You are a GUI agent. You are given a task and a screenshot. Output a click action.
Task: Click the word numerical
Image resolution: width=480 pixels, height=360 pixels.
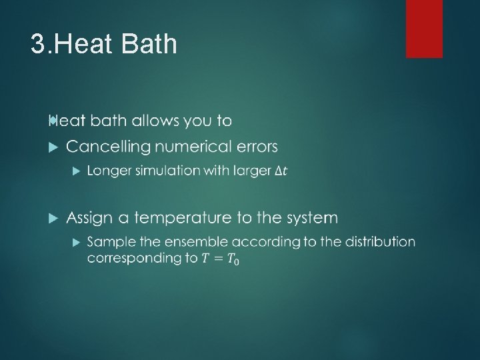tap(196, 146)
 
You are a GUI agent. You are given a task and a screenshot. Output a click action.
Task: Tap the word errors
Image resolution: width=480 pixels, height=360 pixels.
tap(257, 146)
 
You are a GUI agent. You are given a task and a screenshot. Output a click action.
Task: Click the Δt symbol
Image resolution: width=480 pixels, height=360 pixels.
tap(281, 171)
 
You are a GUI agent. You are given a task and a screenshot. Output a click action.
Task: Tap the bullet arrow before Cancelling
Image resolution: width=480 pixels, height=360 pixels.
tap(54, 146)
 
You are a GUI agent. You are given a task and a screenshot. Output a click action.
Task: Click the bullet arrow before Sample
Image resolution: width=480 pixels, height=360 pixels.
tap(75, 241)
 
